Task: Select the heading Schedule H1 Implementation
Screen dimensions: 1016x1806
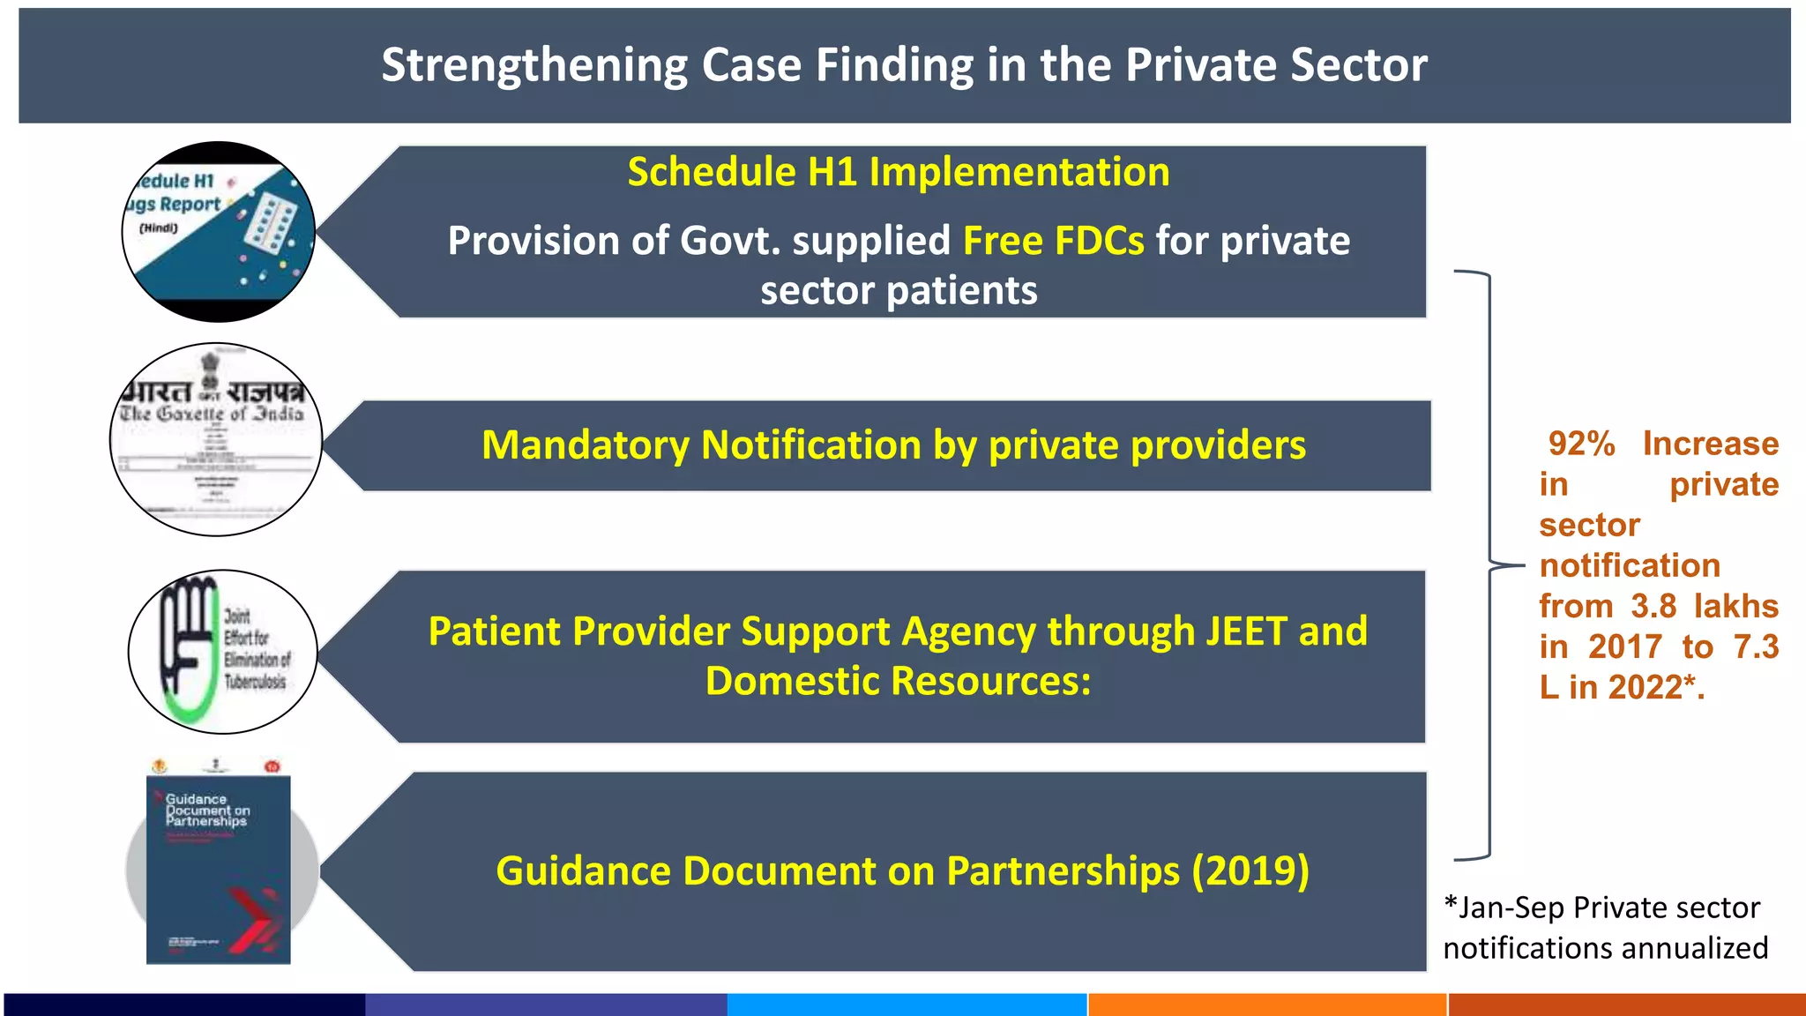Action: point(898,172)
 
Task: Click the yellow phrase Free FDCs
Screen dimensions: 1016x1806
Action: point(1053,241)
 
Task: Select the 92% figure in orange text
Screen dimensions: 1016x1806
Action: point(1581,444)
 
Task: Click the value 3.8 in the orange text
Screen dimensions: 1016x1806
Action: point(1653,607)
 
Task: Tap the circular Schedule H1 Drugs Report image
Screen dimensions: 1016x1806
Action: point(218,231)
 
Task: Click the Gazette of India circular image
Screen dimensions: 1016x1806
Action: point(216,439)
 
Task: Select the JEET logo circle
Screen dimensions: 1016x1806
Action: point(222,652)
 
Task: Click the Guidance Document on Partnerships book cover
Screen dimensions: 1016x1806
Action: point(218,869)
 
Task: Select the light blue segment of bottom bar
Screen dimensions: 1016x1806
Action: point(907,1005)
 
